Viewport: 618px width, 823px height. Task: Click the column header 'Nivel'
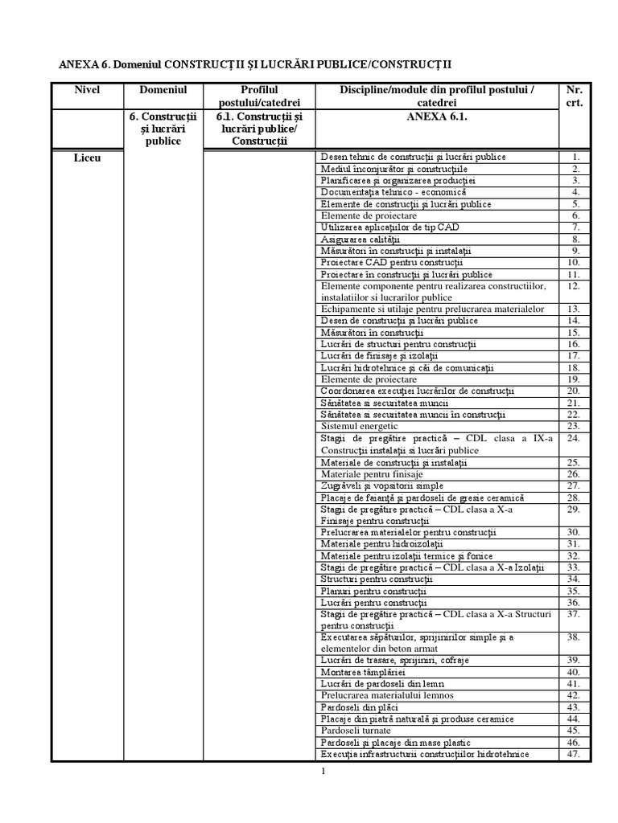[86, 90]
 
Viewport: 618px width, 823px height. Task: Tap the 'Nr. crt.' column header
[575, 96]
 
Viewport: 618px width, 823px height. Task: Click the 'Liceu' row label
[86, 158]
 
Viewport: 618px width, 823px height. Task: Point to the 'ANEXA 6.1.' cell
[436, 117]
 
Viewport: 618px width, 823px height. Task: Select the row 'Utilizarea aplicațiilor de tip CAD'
[389, 227]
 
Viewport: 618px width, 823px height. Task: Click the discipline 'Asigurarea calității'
[360, 240]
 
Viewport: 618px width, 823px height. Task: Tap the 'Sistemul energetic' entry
[359, 426]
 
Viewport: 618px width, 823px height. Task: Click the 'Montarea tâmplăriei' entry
[363, 671]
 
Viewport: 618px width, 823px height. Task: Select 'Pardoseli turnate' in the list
[356, 731]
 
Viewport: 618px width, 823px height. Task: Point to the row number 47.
[574, 754]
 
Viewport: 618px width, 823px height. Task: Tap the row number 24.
[574, 439]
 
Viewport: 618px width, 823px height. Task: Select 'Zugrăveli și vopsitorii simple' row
[381, 486]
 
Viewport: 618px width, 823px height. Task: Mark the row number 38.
[574, 637]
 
